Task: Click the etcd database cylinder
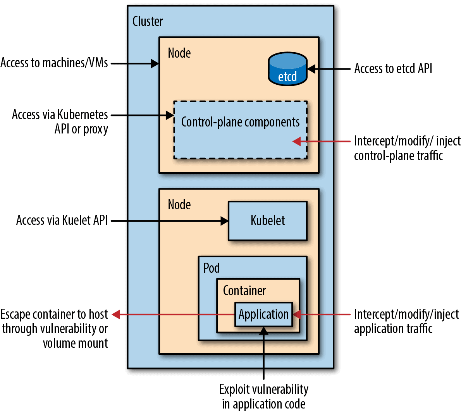point(287,70)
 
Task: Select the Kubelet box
point(268,221)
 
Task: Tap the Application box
point(263,314)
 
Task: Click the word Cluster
point(148,21)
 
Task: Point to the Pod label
point(212,268)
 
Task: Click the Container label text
point(244,291)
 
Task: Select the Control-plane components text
point(240,122)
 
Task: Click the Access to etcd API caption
point(393,69)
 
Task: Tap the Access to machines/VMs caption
point(54,63)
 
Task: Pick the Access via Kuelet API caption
point(62,220)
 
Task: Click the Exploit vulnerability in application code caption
point(264,396)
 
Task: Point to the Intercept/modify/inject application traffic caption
point(406,321)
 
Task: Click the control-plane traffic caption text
point(398,156)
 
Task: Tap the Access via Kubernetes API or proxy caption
point(60,121)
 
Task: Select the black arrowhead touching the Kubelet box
point(224,221)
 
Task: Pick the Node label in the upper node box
point(179,53)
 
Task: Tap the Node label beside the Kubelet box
point(179,205)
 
